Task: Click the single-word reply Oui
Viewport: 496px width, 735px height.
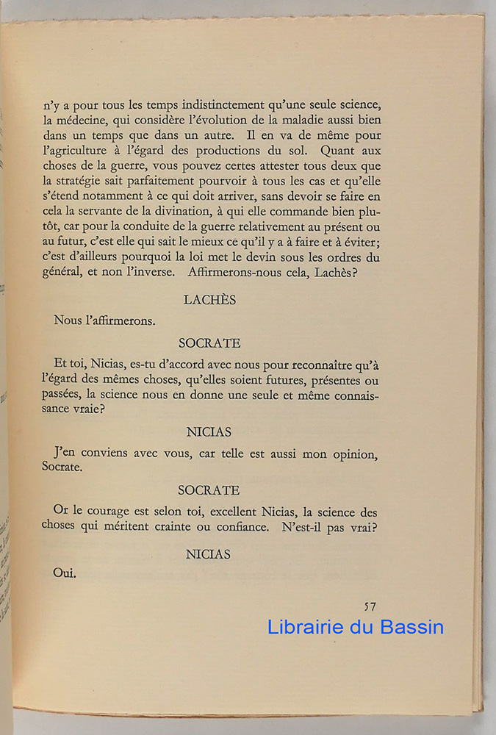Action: (65, 574)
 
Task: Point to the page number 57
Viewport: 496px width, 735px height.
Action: (370, 606)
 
